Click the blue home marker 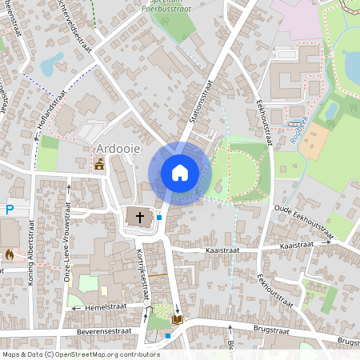coord(179,173)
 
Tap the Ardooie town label coord(116,149)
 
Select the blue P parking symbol coord(10,210)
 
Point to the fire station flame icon coord(10,254)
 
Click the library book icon coord(178,319)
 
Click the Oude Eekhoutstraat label coord(302,220)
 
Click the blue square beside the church coord(159,217)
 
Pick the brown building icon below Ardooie coord(99,164)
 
